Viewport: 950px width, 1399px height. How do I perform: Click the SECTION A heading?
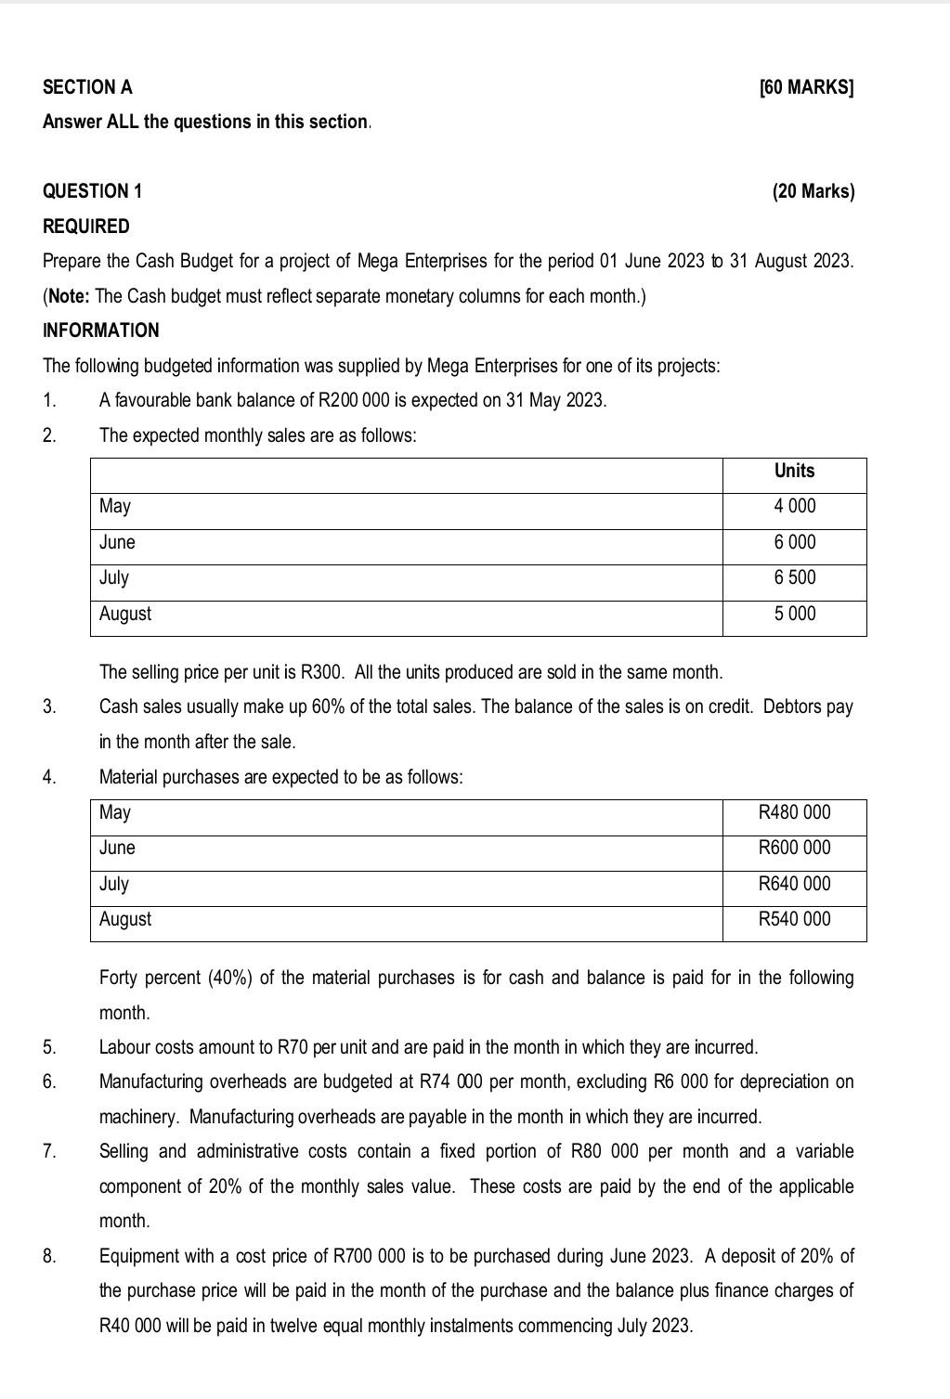(87, 87)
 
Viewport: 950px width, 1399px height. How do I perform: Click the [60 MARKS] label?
(806, 87)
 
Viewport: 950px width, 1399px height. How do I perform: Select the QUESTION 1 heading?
(92, 191)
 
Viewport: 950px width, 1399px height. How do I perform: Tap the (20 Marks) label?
(813, 191)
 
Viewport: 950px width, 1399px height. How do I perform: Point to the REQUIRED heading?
(86, 227)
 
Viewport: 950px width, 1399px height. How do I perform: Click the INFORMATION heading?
(101, 330)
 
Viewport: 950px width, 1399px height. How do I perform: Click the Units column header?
(794, 472)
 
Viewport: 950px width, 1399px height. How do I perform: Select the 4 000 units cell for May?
(795, 507)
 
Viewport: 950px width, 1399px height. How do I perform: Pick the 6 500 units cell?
(795, 577)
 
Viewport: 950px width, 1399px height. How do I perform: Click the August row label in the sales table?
(125, 614)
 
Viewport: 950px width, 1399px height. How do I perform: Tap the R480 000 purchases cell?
(794, 813)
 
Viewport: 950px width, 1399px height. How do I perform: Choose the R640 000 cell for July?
(794, 884)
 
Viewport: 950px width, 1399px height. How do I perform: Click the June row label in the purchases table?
(117, 848)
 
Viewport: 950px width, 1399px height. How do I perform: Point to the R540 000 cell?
(794, 919)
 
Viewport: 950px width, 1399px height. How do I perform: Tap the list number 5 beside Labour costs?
(48, 1047)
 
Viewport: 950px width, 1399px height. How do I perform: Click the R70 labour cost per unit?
(293, 1047)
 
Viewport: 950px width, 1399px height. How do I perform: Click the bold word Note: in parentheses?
(70, 296)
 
